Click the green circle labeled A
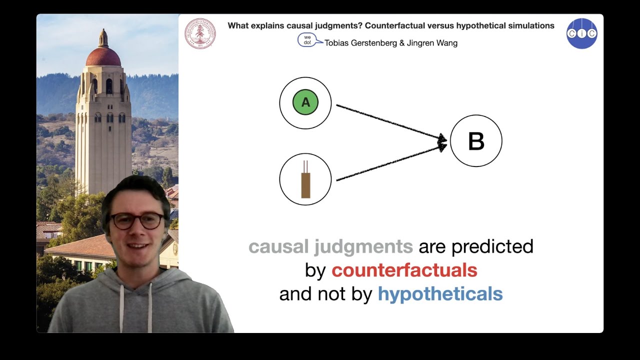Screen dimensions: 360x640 tap(305, 102)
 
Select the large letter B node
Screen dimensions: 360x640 tap(476, 141)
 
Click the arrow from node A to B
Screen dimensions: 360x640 tap(390, 122)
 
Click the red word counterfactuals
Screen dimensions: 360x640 tap(404, 270)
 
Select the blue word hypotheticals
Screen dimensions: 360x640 tap(440, 294)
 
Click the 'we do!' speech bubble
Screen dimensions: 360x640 tap(307, 40)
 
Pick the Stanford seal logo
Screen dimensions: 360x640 tap(200, 33)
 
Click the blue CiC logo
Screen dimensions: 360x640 tap(581, 33)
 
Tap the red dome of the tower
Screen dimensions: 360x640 tap(103, 56)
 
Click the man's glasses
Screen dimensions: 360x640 tap(136, 220)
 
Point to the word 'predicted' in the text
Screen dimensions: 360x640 tap(492, 246)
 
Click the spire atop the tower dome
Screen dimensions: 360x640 tap(103, 37)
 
